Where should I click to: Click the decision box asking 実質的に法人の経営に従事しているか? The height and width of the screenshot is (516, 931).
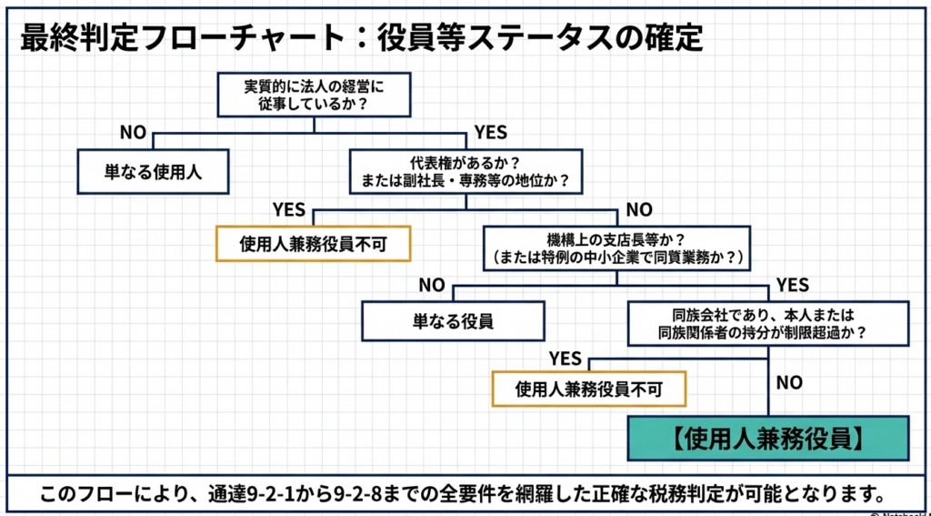tap(314, 96)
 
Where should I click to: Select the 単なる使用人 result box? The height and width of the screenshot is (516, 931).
tap(153, 170)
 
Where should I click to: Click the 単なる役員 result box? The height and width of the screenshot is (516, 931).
tap(454, 320)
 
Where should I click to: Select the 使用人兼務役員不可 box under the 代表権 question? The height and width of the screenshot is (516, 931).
tap(312, 243)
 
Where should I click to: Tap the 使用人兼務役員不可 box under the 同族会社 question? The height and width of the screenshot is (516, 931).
tap(588, 390)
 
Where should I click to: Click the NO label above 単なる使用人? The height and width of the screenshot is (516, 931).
tap(133, 133)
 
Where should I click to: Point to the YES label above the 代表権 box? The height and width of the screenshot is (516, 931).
tap(491, 133)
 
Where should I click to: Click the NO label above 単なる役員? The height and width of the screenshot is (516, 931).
tap(431, 285)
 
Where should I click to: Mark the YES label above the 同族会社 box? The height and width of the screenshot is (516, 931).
tap(793, 286)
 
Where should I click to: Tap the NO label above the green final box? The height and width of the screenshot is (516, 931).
tap(789, 382)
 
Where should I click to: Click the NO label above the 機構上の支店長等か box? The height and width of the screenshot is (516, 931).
tap(639, 209)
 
